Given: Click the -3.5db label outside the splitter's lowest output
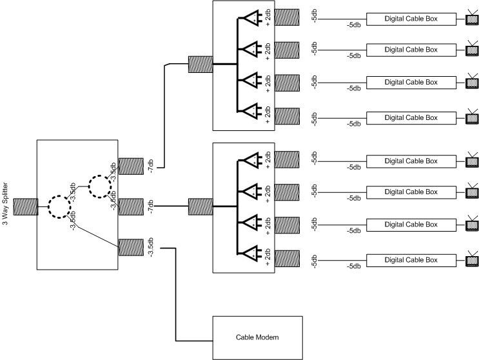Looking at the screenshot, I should (150, 248).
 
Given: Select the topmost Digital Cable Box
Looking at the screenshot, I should (410, 19).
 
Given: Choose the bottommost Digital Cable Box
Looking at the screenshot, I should (410, 259).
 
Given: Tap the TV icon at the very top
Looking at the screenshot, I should (472, 17).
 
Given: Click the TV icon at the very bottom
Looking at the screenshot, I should (472, 259).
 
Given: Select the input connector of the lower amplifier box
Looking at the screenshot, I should (200, 206).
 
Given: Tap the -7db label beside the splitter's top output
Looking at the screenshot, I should (151, 167).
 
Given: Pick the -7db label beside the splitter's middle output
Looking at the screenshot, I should (151, 207).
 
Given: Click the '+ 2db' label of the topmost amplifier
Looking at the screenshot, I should (268, 20).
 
